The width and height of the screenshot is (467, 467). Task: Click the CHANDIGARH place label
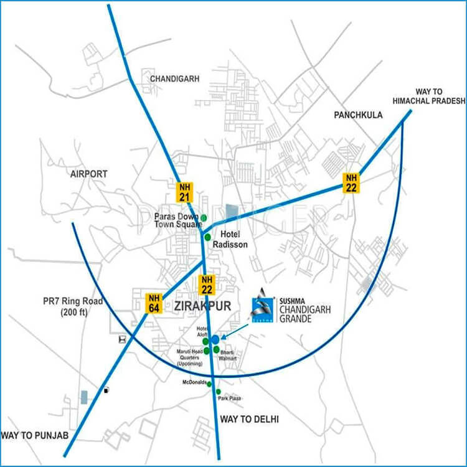[x=174, y=79]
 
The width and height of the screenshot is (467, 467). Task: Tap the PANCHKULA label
[x=358, y=115]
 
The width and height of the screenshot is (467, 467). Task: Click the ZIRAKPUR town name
[x=204, y=306]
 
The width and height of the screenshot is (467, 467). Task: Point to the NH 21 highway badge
[x=185, y=191]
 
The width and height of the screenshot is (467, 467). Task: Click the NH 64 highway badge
[x=154, y=303]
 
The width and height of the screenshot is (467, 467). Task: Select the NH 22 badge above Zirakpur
[x=207, y=285]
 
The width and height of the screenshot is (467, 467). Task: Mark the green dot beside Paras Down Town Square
[x=203, y=217]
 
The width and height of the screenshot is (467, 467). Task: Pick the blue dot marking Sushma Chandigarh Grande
[x=215, y=339]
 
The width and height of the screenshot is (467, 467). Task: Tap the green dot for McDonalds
[x=209, y=384]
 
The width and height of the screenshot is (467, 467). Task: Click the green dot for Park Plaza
[x=219, y=392]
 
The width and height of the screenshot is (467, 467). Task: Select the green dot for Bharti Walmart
[x=216, y=349]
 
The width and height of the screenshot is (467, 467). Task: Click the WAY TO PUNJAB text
[x=34, y=434]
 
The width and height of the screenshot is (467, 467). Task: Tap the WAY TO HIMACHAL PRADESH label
[x=428, y=95]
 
